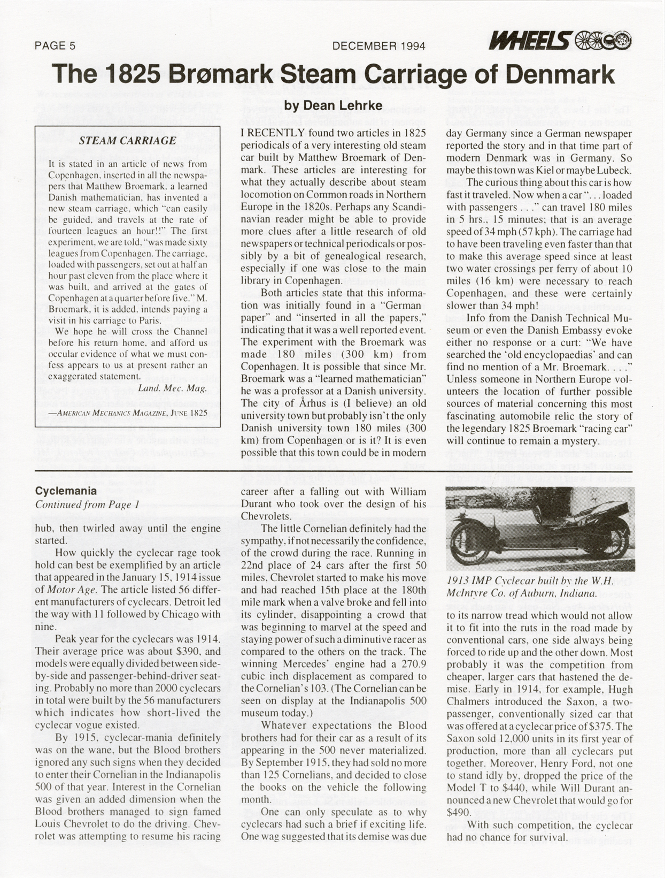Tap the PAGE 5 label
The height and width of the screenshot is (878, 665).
coord(55,46)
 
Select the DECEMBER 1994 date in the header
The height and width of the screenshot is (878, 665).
coord(378,46)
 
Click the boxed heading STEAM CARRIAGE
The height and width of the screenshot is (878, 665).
coord(127,141)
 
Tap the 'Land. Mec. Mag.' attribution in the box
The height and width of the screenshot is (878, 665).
coord(172,388)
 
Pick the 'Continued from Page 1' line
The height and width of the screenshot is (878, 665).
coord(87,504)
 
